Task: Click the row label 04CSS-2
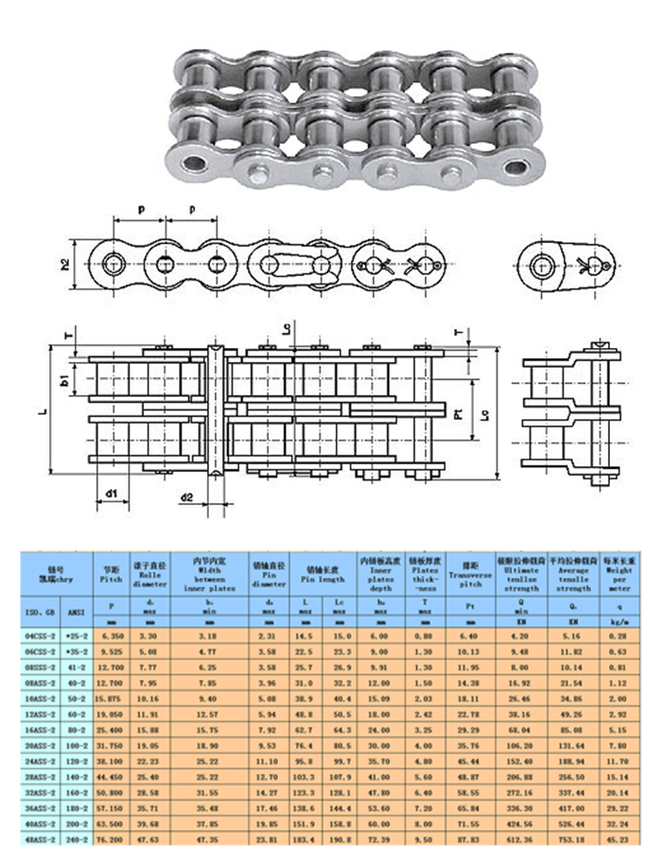click(x=38, y=637)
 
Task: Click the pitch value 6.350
click(x=112, y=637)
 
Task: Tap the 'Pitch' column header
click(x=112, y=574)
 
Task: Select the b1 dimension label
click(x=65, y=383)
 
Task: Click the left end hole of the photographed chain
click(x=195, y=163)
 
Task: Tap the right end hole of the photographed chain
click(x=516, y=167)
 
